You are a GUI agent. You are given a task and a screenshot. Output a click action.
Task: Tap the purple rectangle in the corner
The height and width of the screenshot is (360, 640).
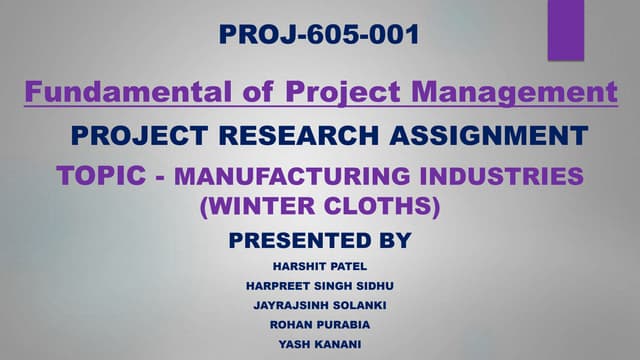566,30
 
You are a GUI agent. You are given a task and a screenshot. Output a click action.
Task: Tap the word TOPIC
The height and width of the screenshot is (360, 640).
107,176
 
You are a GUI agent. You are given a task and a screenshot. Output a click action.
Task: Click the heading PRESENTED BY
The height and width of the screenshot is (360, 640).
320,240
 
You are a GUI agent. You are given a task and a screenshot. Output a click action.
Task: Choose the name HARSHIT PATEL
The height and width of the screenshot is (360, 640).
319,266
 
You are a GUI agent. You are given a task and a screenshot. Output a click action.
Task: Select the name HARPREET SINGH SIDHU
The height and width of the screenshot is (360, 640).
319,286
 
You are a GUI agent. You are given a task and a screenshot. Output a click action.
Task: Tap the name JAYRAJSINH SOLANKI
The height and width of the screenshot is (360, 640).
319,305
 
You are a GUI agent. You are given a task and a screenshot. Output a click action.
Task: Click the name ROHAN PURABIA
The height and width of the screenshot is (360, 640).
319,324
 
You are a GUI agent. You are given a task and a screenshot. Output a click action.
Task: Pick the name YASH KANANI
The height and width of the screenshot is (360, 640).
319,343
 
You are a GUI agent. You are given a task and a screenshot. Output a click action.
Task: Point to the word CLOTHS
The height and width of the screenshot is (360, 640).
384,208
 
